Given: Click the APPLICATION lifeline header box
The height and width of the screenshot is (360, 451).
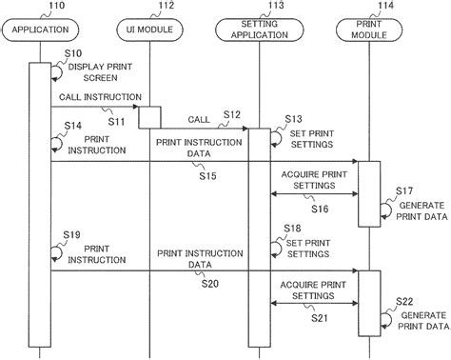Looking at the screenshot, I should (x=40, y=30).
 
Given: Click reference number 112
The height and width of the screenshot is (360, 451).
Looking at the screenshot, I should (x=166, y=7).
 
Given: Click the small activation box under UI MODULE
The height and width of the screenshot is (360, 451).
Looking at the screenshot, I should (x=149, y=117).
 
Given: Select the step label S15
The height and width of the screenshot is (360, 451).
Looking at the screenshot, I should (x=208, y=176).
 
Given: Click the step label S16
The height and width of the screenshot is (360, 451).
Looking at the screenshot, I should (x=319, y=209).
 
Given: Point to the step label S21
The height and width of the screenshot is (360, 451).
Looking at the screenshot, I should (x=319, y=318).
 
